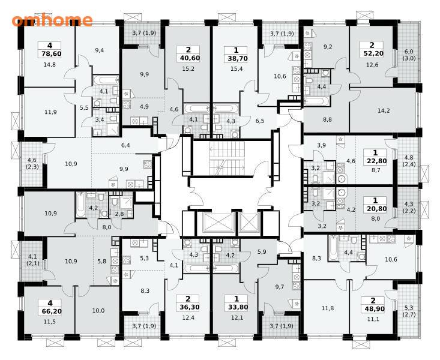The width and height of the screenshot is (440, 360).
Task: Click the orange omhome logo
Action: [x=52, y=20]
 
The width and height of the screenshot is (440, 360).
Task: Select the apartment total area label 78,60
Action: [x=50, y=53]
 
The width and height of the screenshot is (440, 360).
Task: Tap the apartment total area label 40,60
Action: [x=188, y=58]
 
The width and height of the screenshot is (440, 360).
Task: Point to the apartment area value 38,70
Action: [x=236, y=58]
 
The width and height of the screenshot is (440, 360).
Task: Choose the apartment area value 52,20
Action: [x=372, y=53]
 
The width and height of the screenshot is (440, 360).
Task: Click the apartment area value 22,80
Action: [x=375, y=161]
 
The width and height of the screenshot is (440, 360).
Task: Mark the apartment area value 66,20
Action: [x=50, y=311]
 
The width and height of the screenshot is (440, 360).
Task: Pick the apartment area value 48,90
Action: [x=373, y=308]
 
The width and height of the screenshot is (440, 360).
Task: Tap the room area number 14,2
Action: [x=384, y=110]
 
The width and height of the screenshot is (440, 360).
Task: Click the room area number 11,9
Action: [x=50, y=112]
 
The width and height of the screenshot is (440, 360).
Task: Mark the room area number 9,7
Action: [x=280, y=287]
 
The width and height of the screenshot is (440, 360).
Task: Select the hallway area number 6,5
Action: [x=260, y=121]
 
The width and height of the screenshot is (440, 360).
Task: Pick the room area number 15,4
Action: [x=237, y=69]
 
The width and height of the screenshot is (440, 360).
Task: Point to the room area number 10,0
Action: [x=98, y=311]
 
